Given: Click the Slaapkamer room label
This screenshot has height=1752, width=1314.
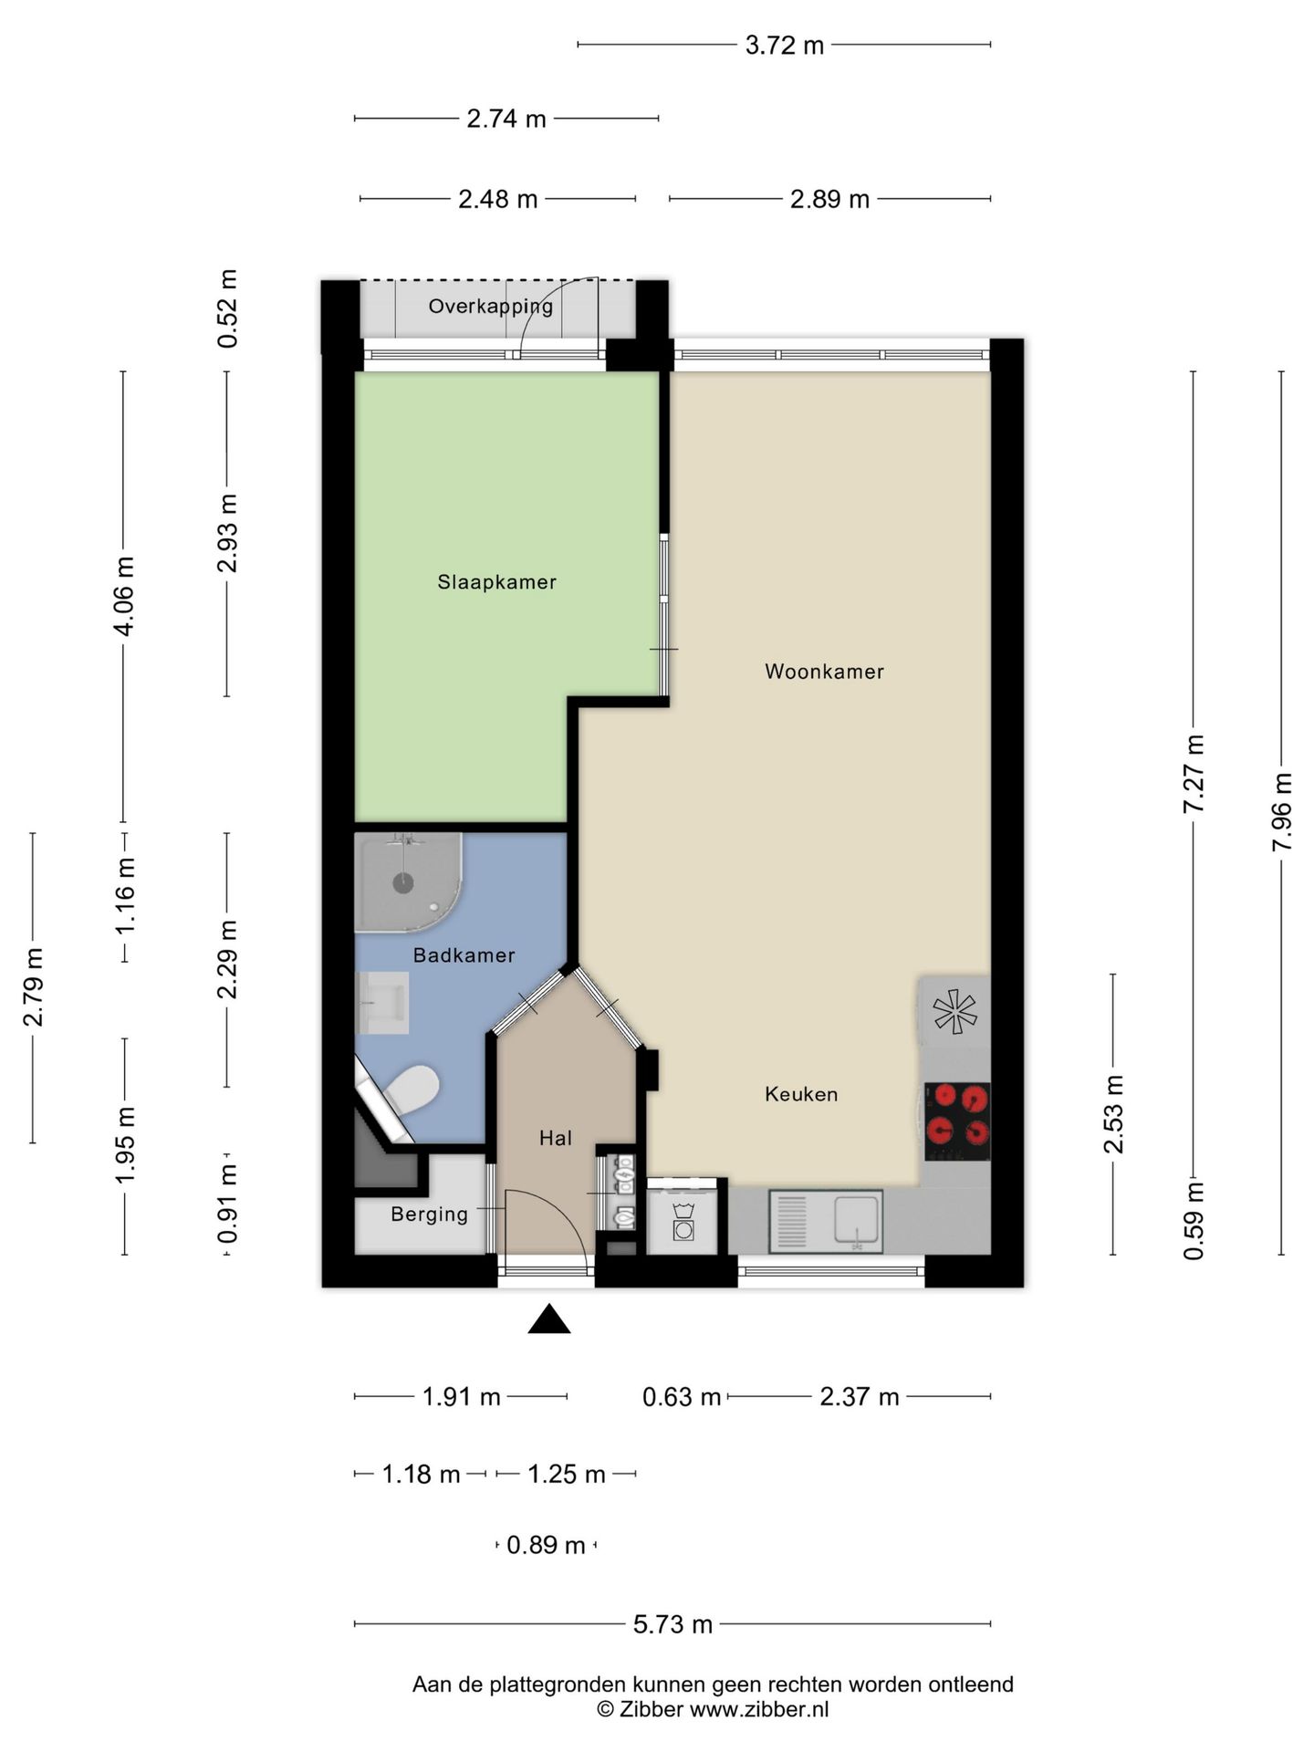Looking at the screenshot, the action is pyautogui.click(x=496, y=582).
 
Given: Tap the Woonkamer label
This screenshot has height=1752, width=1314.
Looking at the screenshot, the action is pyautogui.click(x=824, y=672).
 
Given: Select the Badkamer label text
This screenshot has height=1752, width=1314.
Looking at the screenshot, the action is pyautogui.click(x=464, y=955).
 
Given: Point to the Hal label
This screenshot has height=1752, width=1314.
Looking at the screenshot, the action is pyautogui.click(x=555, y=1138).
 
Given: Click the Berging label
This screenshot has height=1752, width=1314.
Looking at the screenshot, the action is pyautogui.click(x=429, y=1215).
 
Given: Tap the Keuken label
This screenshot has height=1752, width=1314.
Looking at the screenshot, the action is pyautogui.click(x=801, y=1094).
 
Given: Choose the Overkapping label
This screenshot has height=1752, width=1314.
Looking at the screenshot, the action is pyautogui.click(x=491, y=307).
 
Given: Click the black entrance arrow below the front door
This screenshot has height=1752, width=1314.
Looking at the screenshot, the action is pyautogui.click(x=549, y=1319).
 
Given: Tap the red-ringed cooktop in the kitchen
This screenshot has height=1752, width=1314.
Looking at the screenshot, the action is pyautogui.click(x=957, y=1121).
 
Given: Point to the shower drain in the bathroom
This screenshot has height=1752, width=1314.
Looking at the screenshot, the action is pyautogui.click(x=402, y=882).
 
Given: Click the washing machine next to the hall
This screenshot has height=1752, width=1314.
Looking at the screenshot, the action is pyautogui.click(x=683, y=1220).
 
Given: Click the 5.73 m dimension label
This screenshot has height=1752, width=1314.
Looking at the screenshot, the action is pyautogui.click(x=673, y=1623).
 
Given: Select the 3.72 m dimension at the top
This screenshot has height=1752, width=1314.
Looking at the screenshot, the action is pyautogui.click(x=784, y=45).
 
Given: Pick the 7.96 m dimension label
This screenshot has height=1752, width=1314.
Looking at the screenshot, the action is pyautogui.click(x=1282, y=811).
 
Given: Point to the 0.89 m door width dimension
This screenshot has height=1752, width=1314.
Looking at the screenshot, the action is pyautogui.click(x=546, y=1545).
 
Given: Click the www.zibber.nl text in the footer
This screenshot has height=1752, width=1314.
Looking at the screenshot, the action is pyautogui.click(x=759, y=1709).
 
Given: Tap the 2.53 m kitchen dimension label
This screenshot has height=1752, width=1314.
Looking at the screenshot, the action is pyautogui.click(x=1113, y=1114).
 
